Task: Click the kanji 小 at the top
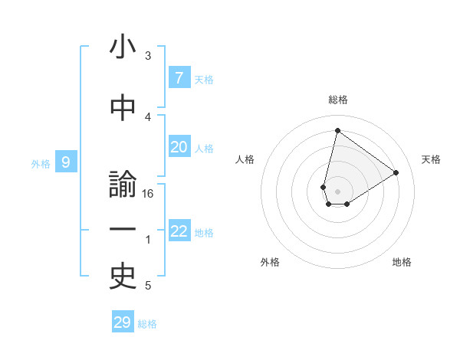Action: (x=123, y=48)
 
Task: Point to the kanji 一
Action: (x=123, y=230)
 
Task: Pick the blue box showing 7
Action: (x=179, y=77)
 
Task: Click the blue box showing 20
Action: (x=179, y=147)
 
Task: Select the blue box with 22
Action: (x=179, y=231)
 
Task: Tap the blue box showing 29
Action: (x=123, y=322)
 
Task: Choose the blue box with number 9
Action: (x=66, y=162)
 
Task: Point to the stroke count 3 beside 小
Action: (x=148, y=56)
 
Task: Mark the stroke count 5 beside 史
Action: (x=148, y=286)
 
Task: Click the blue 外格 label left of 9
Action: (x=41, y=163)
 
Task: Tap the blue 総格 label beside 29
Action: (x=147, y=324)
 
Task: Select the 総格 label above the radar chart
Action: (x=338, y=100)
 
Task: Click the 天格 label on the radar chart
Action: (x=432, y=159)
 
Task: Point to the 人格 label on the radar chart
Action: (x=245, y=159)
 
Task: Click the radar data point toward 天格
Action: (x=396, y=172)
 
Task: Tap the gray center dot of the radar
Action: (x=338, y=191)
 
